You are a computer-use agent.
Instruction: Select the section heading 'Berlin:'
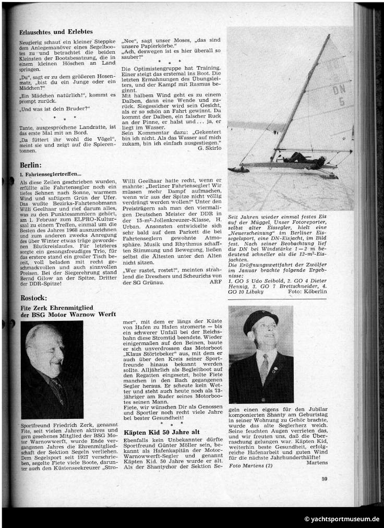point(31,164)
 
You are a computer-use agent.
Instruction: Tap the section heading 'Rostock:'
point(33,298)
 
